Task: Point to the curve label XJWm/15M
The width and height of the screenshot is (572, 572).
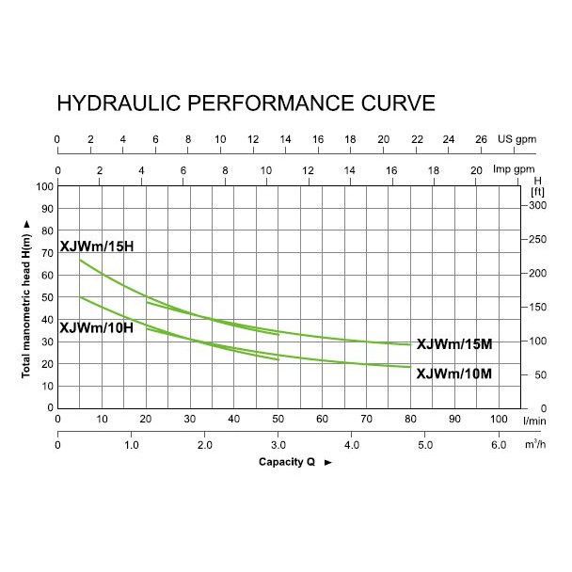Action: click(x=453, y=344)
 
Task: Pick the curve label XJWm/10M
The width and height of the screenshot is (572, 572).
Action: click(x=453, y=373)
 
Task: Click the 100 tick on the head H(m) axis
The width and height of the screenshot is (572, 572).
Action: click(x=42, y=186)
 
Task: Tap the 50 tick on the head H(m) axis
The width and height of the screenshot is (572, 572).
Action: click(x=45, y=297)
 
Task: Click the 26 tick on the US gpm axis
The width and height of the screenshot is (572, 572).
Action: click(x=481, y=139)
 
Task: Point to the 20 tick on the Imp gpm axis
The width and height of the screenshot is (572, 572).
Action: click(x=475, y=170)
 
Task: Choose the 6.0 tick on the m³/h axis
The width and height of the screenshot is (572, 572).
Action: click(x=499, y=445)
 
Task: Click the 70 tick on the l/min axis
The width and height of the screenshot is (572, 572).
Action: click(x=366, y=419)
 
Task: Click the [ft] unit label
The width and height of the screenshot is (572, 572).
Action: click(x=537, y=192)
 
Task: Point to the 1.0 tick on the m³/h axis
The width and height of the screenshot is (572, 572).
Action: click(x=132, y=445)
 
